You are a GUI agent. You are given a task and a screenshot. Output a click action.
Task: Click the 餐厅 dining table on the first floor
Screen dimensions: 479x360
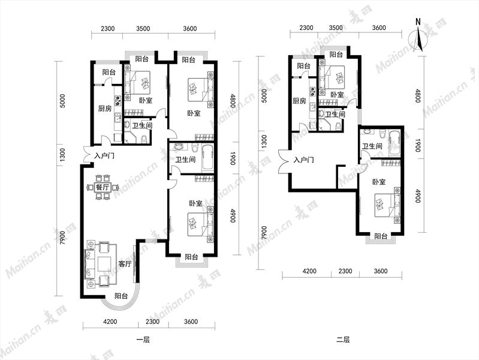click(103, 187)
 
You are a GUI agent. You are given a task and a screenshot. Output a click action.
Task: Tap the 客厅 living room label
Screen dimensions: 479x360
click(125, 263)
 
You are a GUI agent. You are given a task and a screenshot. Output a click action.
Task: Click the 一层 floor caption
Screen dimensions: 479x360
click(143, 340)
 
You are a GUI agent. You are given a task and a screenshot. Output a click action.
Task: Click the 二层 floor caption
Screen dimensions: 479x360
click(343, 340)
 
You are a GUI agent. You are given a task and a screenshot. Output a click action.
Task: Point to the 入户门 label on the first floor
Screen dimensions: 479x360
click(104, 156)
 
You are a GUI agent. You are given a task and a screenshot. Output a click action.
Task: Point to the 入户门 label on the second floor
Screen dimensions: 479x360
click(303, 160)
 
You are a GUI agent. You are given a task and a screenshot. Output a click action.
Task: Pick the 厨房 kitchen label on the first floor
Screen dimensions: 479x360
click(105, 108)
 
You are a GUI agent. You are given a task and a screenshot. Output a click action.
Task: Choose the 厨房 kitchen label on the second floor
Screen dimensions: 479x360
click(299, 101)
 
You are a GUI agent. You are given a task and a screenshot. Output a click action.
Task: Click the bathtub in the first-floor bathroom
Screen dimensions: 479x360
click(208, 159)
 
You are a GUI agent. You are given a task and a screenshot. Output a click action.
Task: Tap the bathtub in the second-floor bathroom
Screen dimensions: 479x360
click(394, 143)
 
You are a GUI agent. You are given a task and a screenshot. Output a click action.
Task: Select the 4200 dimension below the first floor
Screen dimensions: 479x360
click(110, 322)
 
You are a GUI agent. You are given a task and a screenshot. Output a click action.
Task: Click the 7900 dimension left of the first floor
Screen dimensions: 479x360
click(62, 238)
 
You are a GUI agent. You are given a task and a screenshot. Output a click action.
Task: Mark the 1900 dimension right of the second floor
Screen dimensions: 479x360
click(418, 145)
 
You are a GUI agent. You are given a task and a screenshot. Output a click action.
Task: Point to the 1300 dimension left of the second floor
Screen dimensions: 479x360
click(264, 142)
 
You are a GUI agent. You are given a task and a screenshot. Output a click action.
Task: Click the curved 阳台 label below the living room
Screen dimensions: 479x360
click(121, 296)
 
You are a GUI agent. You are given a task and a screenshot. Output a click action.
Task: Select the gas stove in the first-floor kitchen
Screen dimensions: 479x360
click(118, 100)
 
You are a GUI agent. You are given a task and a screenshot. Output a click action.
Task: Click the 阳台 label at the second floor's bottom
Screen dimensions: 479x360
click(381, 236)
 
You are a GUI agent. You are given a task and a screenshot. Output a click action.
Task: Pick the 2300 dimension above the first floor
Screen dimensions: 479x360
click(107, 28)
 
